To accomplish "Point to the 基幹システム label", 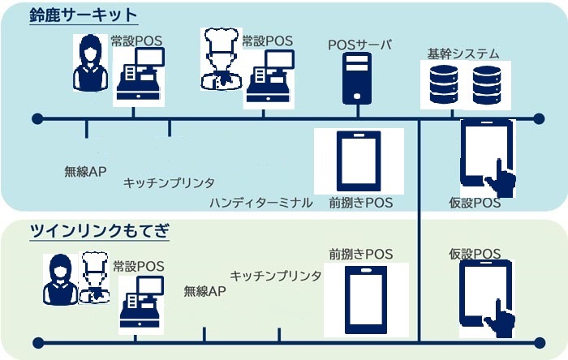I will pos(463,54).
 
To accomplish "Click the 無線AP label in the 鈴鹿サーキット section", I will pos(85,171).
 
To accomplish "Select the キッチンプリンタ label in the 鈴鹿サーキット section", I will pos(169,184).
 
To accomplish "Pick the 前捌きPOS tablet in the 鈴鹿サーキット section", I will pos(358,161).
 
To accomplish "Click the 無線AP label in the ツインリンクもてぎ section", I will pos(204,290).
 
